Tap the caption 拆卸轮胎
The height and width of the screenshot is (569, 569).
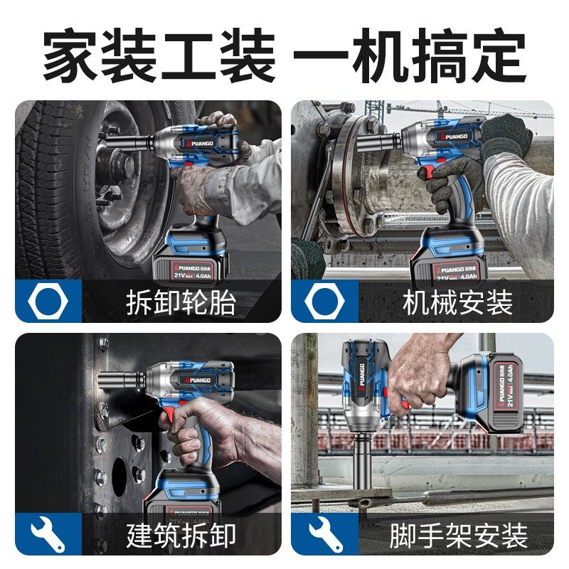[x=181, y=302]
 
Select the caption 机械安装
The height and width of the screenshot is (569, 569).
[x=457, y=302]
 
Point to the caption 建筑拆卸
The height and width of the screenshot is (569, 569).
[x=181, y=535]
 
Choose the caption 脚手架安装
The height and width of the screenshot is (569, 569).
[x=458, y=535]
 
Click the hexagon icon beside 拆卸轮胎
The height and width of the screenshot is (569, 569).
[x=48, y=302]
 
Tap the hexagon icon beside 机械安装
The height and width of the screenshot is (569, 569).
[x=324, y=302]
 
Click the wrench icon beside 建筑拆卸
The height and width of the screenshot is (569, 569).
[x=48, y=535]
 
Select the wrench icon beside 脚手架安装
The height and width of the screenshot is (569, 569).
[x=324, y=535]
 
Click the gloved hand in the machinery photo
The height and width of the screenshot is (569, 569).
[x=506, y=139]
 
